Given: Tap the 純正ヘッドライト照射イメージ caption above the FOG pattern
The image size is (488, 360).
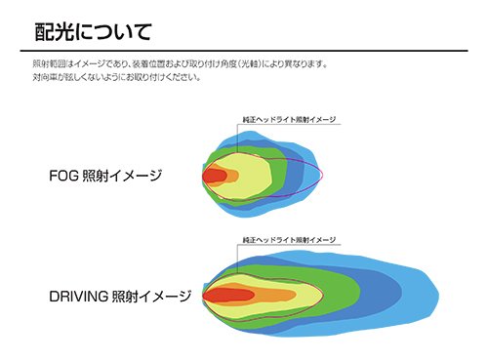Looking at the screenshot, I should [290, 119].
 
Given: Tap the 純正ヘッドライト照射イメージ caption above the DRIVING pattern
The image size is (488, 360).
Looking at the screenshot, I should [290, 239].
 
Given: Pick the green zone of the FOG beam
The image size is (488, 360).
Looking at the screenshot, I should [293, 176].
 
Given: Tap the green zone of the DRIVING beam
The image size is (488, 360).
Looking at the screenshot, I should [342, 293].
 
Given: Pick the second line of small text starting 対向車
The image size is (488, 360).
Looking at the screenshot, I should [117, 78].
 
